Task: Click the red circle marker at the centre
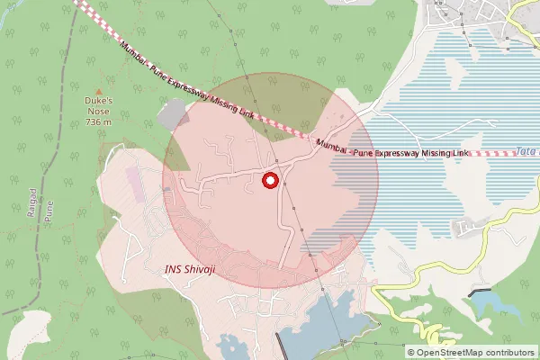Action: coord(269,181)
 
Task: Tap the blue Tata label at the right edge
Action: coord(527,151)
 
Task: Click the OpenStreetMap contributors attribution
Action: coord(471,352)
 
